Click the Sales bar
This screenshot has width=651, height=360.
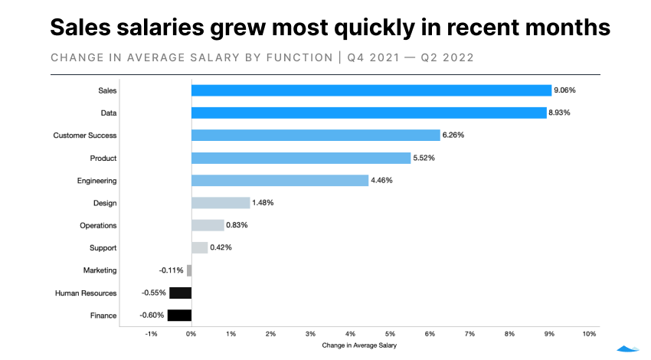coord(371,90)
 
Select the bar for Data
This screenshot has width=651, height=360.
coord(368,113)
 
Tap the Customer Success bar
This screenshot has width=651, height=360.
coord(316,135)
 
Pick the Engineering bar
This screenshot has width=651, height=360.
coord(280,180)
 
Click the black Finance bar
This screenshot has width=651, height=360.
coord(179,315)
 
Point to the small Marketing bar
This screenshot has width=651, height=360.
coord(189,270)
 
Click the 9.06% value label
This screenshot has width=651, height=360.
coord(564,90)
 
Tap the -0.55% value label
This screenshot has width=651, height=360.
coord(154,293)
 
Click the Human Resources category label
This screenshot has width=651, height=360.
coord(86,293)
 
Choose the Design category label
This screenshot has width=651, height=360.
coord(104,203)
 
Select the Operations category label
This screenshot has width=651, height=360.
coord(98,225)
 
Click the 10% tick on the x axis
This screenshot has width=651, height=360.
coord(589,334)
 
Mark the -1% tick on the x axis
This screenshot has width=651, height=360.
coord(151,334)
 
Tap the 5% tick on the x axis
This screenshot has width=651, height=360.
coord(390,334)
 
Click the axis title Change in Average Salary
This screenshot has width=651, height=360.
coord(359,346)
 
